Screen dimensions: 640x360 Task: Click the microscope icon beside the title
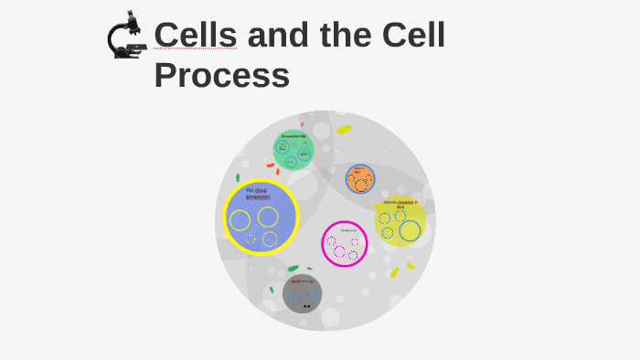coord(127,37)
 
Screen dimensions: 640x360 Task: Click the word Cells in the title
coord(195,36)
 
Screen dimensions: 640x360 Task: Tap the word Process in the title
coord(221,75)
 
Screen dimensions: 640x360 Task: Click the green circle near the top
coord(293,150)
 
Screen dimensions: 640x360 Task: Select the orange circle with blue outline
coord(360,179)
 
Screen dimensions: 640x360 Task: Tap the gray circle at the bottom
coord(302,293)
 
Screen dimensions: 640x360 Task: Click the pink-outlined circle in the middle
coord(345,244)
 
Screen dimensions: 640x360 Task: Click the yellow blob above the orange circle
coord(344,130)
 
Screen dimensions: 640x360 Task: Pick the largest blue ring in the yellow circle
coord(410,231)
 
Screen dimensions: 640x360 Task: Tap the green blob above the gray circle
coord(293,269)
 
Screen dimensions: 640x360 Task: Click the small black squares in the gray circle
coord(307,307)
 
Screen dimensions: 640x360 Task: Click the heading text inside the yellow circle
coord(400,204)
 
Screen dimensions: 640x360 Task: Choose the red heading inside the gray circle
coord(302,281)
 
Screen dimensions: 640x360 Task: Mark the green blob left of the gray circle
coord(272,290)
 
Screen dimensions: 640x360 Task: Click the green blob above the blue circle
coord(238,177)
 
